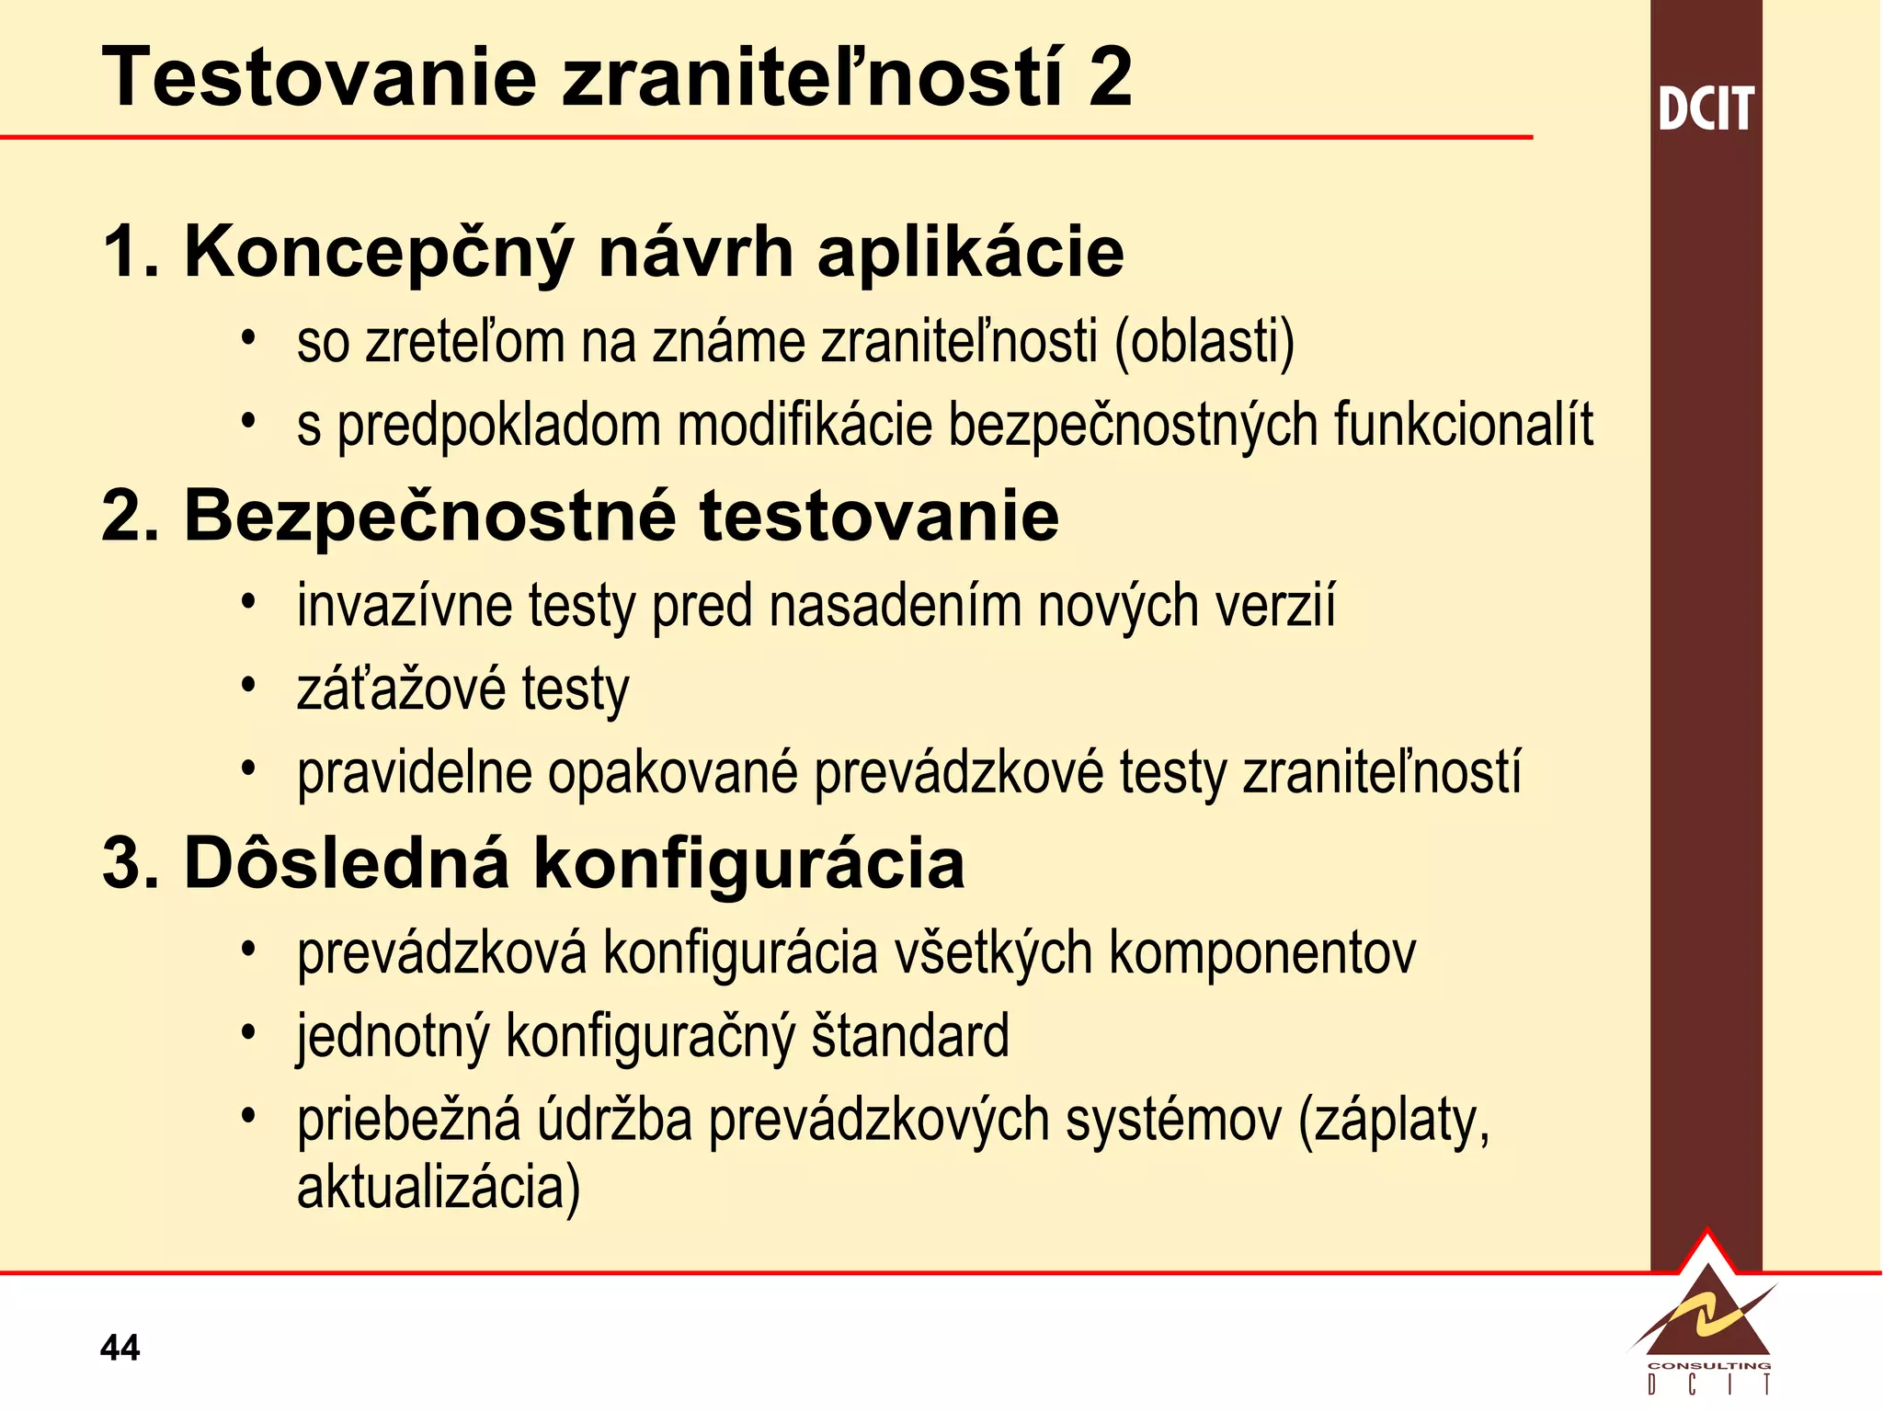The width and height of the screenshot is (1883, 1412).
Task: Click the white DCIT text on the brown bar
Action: pyautogui.click(x=1706, y=109)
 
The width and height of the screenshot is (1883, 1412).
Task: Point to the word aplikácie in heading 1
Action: pyautogui.click(x=970, y=253)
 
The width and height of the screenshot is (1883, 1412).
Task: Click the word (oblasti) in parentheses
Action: pyautogui.click(x=1204, y=342)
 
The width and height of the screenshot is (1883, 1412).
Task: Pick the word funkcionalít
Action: pyautogui.click(x=1463, y=425)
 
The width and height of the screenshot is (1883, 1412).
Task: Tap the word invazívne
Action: pyautogui.click(x=404, y=607)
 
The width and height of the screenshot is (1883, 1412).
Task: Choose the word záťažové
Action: pyautogui.click(x=402, y=689)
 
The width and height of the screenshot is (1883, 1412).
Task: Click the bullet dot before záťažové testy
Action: pyautogui.click(x=246, y=684)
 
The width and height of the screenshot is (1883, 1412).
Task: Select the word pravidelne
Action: pyautogui.click(x=414, y=773)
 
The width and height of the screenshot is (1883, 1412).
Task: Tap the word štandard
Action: pyautogui.click(x=910, y=1036)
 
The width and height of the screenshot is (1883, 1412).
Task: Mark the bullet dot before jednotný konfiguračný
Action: pyautogui.click(x=246, y=1031)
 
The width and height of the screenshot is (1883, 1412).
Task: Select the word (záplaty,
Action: pyautogui.click(x=1394, y=1121)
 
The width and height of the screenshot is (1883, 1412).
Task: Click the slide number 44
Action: pyautogui.click(x=120, y=1349)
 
